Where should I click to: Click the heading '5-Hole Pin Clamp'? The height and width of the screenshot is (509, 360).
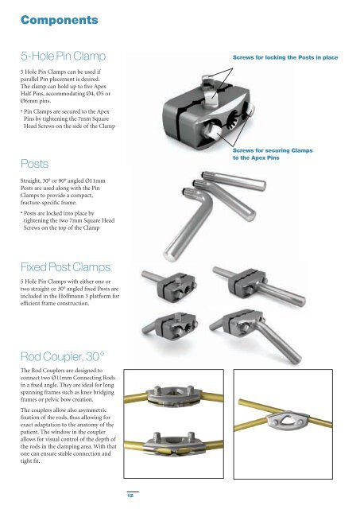[x=63, y=57]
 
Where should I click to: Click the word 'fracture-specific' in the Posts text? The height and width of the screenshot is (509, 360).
[x=42, y=199]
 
